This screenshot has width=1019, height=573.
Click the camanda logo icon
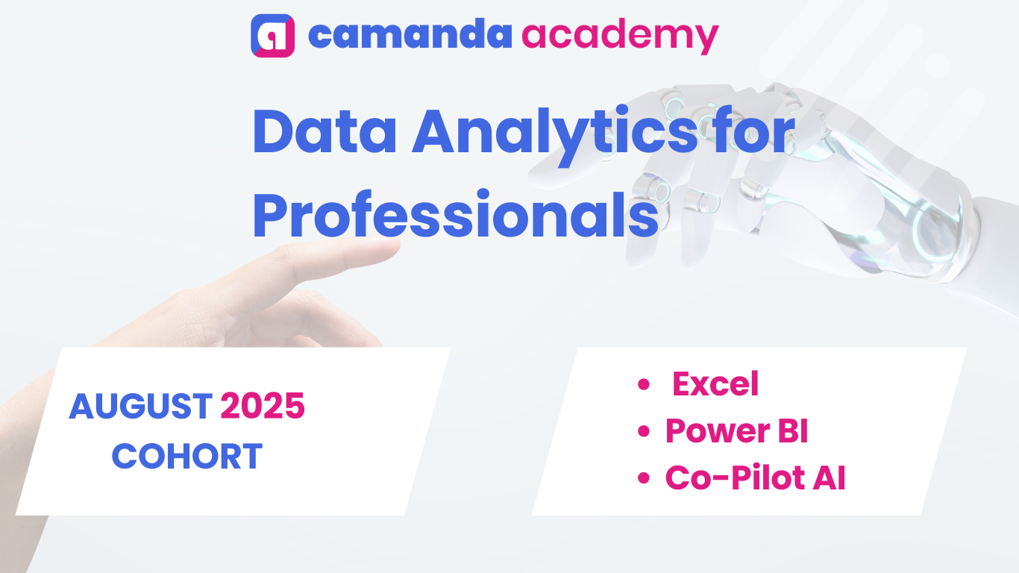[x=272, y=36]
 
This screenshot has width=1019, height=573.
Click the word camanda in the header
[x=410, y=34]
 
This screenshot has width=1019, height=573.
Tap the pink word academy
[x=620, y=37]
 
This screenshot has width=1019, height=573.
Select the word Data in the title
[x=324, y=131]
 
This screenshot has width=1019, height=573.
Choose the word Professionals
[x=455, y=214]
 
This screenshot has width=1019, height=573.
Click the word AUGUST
[x=140, y=406]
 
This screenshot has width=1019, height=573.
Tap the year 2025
[x=263, y=406]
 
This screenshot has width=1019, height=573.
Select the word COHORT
[x=187, y=456]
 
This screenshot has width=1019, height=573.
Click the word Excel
[x=715, y=383]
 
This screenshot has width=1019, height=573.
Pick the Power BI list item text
[x=736, y=430]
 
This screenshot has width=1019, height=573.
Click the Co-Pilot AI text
[x=755, y=478]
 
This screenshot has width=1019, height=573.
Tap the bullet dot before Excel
[x=644, y=384]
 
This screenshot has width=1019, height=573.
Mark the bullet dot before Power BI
[x=644, y=431]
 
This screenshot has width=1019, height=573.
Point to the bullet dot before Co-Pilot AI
[x=644, y=478]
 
